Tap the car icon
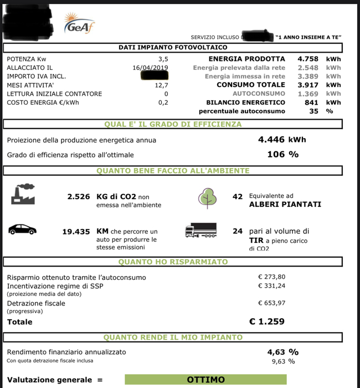click(x=23, y=229)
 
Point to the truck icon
click(x=200, y=231)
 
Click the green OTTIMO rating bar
click(x=205, y=380)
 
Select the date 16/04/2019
click(x=150, y=68)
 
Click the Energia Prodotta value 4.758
click(x=307, y=59)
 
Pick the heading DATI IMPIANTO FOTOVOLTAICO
click(x=173, y=48)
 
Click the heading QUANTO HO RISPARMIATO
click(x=173, y=262)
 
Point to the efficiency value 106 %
click(x=282, y=154)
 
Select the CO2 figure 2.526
click(x=78, y=196)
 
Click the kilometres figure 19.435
click(x=76, y=231)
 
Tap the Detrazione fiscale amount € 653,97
click(x=272, y=303)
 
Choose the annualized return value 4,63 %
click(x=282, y=351)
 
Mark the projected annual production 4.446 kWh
click(x=282, y=140)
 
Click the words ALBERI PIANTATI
click(x=277, y=205)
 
